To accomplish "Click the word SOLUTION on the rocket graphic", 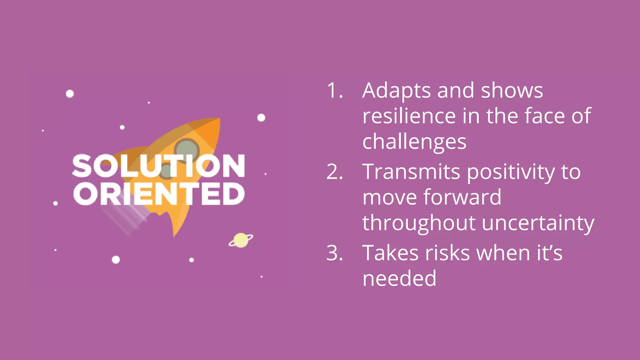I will [x=158, y=166].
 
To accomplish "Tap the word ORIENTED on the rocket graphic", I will [x=158, y=194].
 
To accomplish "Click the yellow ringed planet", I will [x=241, y=240].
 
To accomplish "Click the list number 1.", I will [x=334, y=91].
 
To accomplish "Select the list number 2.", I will [x=334, y=172].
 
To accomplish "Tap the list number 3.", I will [x=334, y=253].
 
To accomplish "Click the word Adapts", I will [x=396, y=91].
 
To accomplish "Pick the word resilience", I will [x=408, y=116].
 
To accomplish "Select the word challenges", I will [x=414, y=142].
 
